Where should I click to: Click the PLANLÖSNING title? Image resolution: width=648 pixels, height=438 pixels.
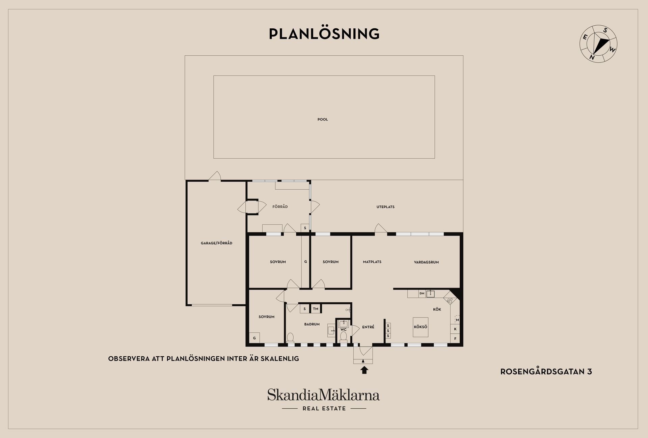324,34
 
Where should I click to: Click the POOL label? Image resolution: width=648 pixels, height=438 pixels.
323,119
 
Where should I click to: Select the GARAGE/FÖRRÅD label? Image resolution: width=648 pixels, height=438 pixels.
216,243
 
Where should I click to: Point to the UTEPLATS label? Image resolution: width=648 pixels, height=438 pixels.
385,207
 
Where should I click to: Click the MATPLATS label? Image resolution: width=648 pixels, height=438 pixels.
372,262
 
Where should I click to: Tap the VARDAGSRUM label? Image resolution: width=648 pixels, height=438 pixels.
426,262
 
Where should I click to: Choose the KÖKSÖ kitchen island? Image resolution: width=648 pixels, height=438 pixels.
421,327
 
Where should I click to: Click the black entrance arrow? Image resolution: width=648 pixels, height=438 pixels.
364,370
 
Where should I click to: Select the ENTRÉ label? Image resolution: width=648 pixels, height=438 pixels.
368,327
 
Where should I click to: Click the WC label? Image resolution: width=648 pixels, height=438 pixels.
343,330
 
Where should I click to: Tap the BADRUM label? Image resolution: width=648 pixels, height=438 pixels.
312,324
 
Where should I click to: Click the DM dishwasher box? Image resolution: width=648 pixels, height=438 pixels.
422,294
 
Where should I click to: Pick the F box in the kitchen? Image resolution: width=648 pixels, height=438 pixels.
455,338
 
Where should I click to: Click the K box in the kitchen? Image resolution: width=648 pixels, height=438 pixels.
455,329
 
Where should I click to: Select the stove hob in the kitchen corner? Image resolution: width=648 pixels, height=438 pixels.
450,299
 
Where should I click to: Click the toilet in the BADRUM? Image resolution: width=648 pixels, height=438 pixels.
290,337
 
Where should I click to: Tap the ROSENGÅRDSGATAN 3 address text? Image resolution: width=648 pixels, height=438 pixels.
546,372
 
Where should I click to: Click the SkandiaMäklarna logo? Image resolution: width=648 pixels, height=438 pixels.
324,399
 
